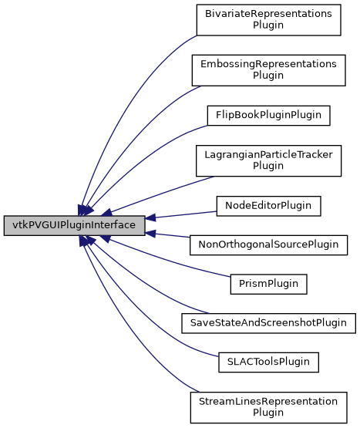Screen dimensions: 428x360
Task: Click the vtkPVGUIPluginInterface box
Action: click(74, 226)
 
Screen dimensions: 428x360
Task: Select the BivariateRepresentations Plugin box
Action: click(267, 19)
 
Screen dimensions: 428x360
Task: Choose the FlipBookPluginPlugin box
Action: click(268, 116)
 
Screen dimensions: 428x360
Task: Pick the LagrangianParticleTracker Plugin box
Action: click(267, 160)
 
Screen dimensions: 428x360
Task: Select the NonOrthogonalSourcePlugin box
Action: click(268, 244)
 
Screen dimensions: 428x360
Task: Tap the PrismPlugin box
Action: click(268, 283)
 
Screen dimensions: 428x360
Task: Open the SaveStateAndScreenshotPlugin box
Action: click(267, 322)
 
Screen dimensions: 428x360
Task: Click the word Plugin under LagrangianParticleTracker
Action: click(268, 166)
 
